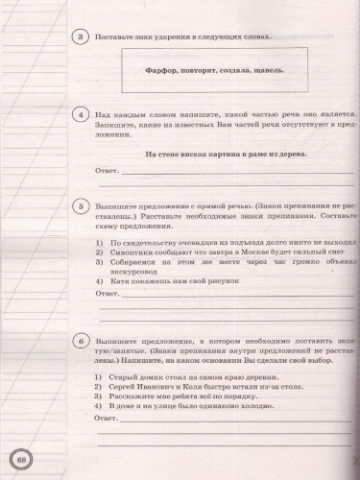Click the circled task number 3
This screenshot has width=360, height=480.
point(83,37)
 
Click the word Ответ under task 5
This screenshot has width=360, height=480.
point(108,293)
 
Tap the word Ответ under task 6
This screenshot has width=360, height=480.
point(108,419)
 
